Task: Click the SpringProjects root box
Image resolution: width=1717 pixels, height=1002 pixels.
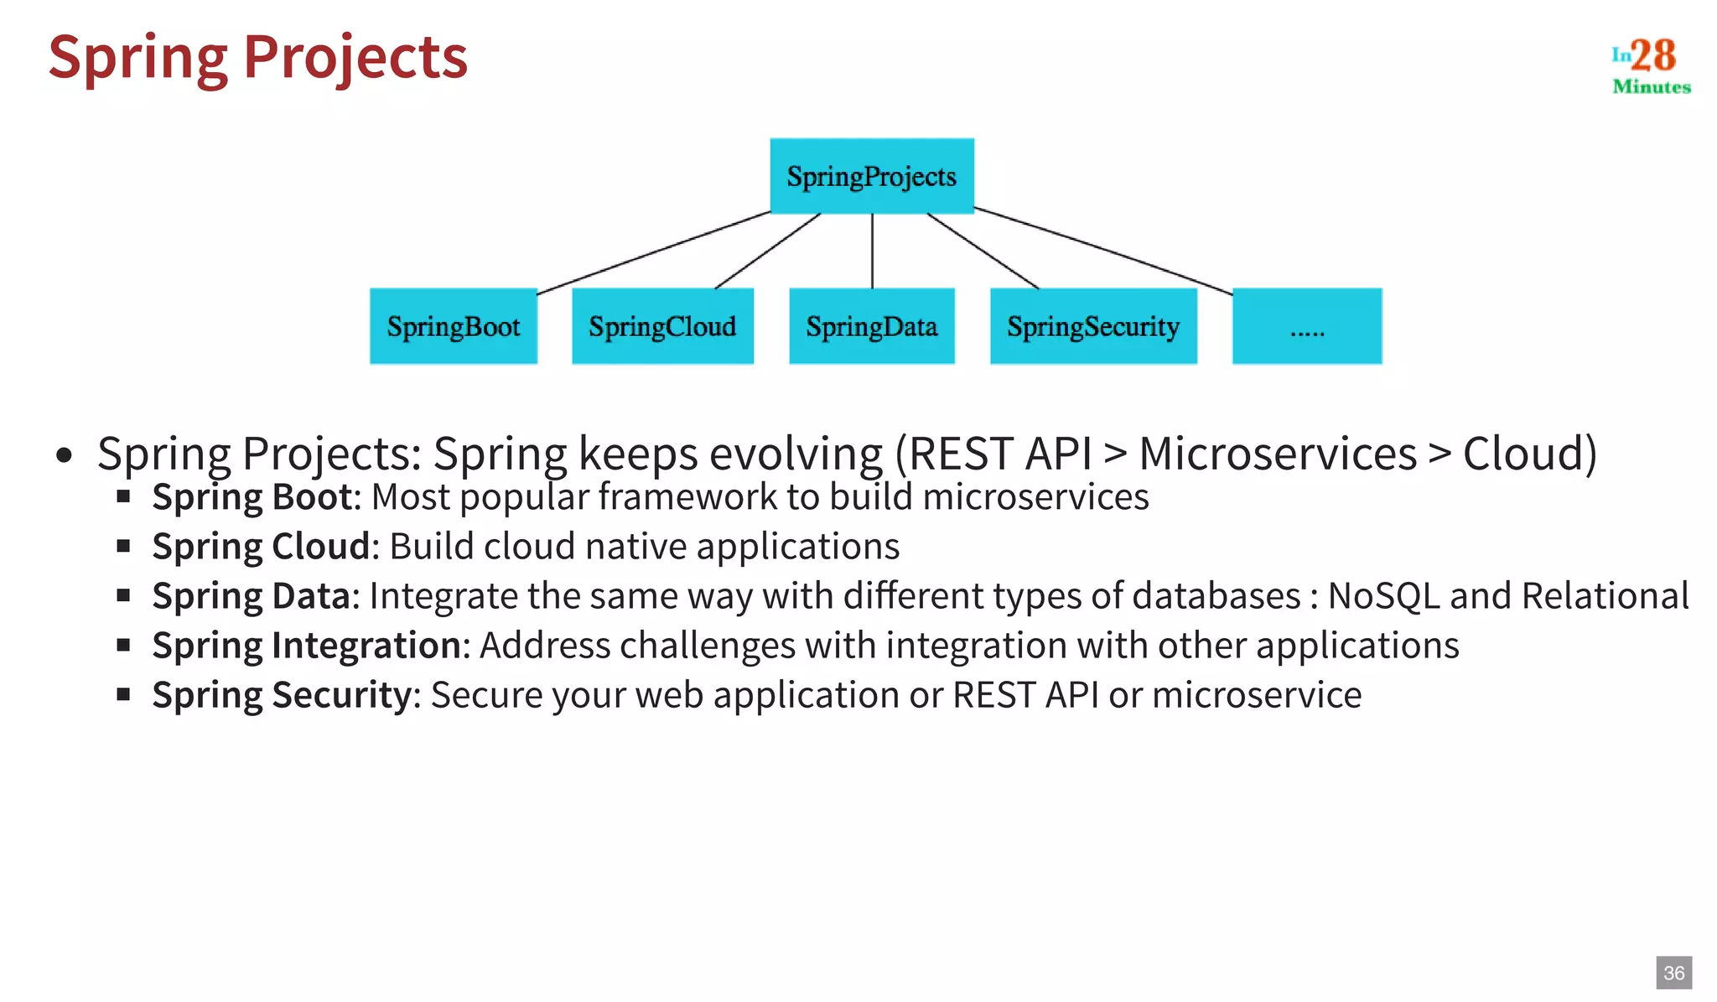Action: click(872, 176)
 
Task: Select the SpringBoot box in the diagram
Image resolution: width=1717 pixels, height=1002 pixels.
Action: click(454, 326)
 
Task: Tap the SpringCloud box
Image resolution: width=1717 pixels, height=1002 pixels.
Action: click(662, 326)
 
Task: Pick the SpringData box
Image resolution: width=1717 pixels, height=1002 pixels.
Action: click(872, 326)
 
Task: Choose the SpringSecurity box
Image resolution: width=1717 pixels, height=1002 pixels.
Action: click(1093, 326)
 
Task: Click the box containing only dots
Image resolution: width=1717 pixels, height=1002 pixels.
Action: click(1307, 326)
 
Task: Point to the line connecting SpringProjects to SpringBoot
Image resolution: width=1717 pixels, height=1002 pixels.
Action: click(654, 252)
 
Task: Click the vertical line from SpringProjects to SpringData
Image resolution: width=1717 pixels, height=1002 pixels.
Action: click(872, 251)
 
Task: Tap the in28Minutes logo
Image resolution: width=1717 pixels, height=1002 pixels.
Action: click(1651, 65)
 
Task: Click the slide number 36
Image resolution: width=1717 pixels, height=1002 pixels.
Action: click(1673, 973)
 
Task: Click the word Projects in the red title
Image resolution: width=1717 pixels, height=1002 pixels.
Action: click(355, 58)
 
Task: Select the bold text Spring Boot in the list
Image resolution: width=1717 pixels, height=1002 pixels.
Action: click(252, 497)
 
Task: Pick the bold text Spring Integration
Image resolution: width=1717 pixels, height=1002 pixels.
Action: click(307, 646)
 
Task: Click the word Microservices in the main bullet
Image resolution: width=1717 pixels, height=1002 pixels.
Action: click(1277, 454)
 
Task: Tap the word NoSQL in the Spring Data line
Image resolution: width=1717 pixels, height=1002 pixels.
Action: click(1383, 596)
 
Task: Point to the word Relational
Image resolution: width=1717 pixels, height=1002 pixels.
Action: click(1605, 596)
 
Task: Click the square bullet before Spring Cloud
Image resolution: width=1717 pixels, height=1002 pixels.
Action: click(124, 547)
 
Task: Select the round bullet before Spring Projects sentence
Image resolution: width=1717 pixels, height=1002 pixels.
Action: click(64, 456)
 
